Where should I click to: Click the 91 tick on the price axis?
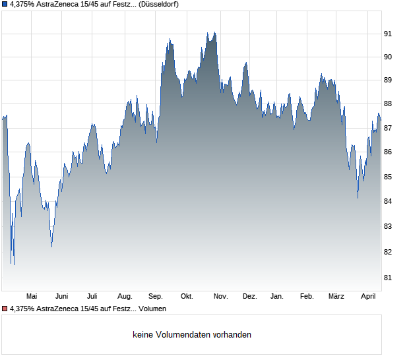[x=389, y=34]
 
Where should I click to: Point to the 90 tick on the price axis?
[x=389, y=57]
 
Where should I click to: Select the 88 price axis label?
[x=389, y=104]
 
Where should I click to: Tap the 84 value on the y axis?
[x=389, y=201]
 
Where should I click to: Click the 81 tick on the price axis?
[x=389, y=278]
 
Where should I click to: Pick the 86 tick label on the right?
[x=389, y=152]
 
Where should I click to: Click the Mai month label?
[x=31, y=297]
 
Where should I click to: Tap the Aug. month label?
[x=125, y=297]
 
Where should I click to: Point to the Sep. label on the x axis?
[x=156, y=297]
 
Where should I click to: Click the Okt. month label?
[x=187, y=297]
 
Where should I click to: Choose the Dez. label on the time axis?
[x=249, y=297]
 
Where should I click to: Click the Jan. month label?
[x=277, y=297]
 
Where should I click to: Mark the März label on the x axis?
[x=336, y=297]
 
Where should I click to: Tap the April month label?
[x=368, y=297]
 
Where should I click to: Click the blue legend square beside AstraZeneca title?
[x=4, y=4]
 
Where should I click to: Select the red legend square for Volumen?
[x=4, y=309]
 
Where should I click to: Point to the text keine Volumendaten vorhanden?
[x=192, y=334]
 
